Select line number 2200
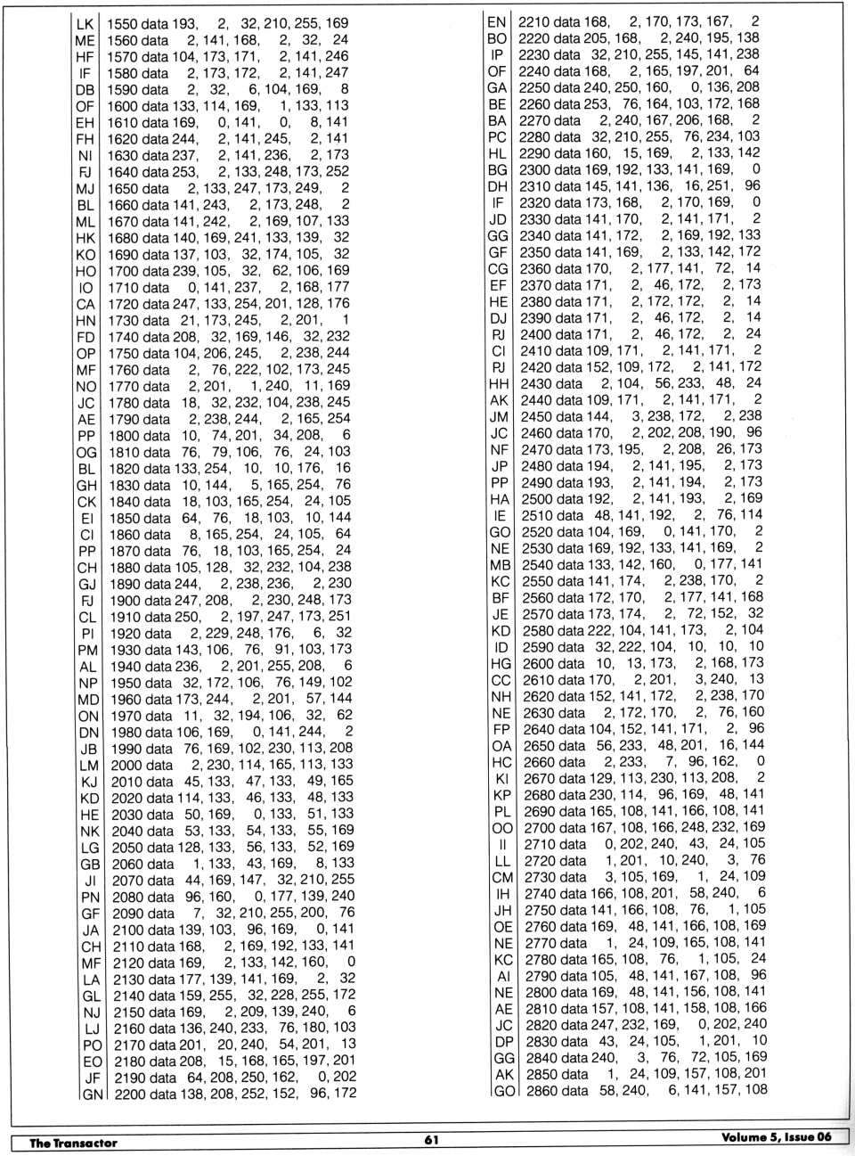point(128,1094)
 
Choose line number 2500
point(536,499)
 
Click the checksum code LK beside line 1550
point(85,23)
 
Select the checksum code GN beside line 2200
point(93,1094)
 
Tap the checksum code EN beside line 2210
point(497,21)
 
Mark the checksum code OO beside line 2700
point(503,828)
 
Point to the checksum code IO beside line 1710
point(86,288)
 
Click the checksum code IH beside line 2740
point(503,893)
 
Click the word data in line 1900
point(158,600)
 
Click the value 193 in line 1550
point(184,23)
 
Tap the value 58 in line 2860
point(608,1090)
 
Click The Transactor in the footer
point(73,1143)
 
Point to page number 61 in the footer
point(431,1139)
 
